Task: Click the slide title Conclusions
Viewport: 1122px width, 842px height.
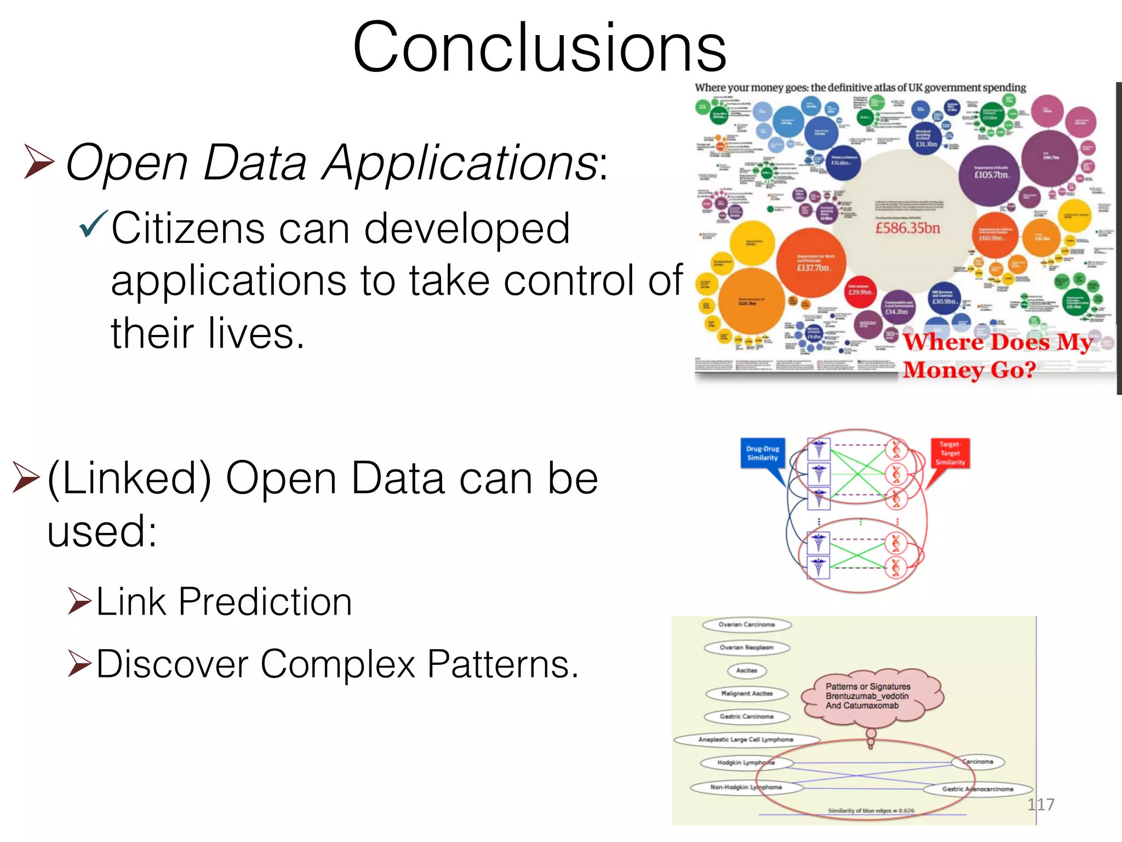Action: point(540,48)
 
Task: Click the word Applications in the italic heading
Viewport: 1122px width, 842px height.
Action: point(460,163)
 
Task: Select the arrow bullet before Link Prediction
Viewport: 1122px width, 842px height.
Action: point(79,601)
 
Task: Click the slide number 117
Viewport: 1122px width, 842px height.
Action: point(1040,804)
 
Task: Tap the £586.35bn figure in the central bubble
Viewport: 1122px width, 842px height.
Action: point(908,227)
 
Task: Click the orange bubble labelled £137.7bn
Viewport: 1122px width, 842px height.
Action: point(812,263)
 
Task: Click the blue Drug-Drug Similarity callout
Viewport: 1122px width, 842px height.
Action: point(763,453)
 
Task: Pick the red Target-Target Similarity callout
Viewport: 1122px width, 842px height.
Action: point(950,453)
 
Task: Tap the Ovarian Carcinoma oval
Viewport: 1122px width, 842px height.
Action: point(747,624)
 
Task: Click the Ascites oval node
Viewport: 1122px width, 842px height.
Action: point(747,670)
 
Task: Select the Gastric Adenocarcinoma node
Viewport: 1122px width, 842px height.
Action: point(977,789)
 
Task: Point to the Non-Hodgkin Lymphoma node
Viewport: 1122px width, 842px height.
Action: point(746,787)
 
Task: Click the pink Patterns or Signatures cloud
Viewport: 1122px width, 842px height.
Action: point(871,696)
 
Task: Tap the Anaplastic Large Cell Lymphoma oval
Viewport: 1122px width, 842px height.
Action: point(746,739)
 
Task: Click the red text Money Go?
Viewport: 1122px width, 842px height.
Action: point(969,370)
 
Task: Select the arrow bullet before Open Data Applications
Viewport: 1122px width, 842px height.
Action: point(39,162)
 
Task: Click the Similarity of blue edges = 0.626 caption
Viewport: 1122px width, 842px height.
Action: point(871,810)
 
